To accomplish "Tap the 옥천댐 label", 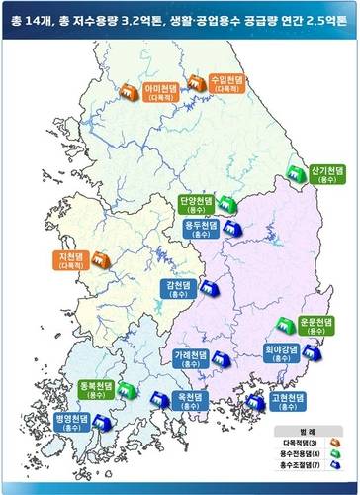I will tap(189, 399).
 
